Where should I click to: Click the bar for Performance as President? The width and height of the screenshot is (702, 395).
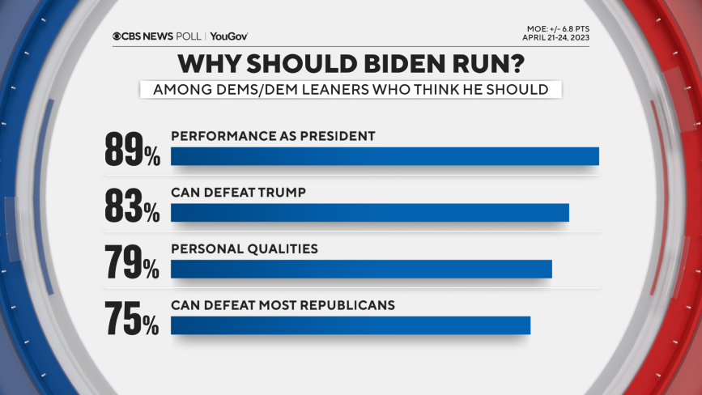pos(385,156)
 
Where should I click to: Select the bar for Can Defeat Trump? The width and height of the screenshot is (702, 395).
pos(370,212)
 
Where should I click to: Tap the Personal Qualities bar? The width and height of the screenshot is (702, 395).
pos(361,269)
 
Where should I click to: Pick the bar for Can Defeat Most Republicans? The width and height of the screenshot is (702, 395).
pos(351,325)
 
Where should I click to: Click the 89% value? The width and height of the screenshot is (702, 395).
pos(132,150)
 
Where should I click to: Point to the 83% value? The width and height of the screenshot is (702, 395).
pos(132,206)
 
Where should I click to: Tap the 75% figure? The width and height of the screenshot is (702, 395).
pos(132,318)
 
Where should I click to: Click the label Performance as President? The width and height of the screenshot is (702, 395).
pos(273,136)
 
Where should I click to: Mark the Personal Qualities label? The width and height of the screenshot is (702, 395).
pos(244,248)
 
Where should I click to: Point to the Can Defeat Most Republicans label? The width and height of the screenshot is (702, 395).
pos(283,305)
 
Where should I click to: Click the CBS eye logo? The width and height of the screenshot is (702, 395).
pos(117,36)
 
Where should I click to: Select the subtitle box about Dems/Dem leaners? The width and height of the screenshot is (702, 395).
pos(350,90)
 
